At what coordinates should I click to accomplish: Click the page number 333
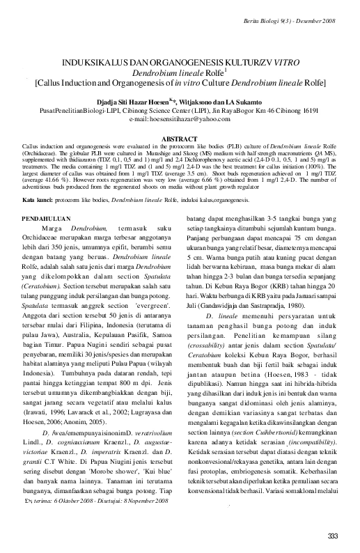click(331, 535)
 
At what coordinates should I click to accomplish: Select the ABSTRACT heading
click(180, 139)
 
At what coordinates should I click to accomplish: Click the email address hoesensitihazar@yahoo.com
click(180, 120)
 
